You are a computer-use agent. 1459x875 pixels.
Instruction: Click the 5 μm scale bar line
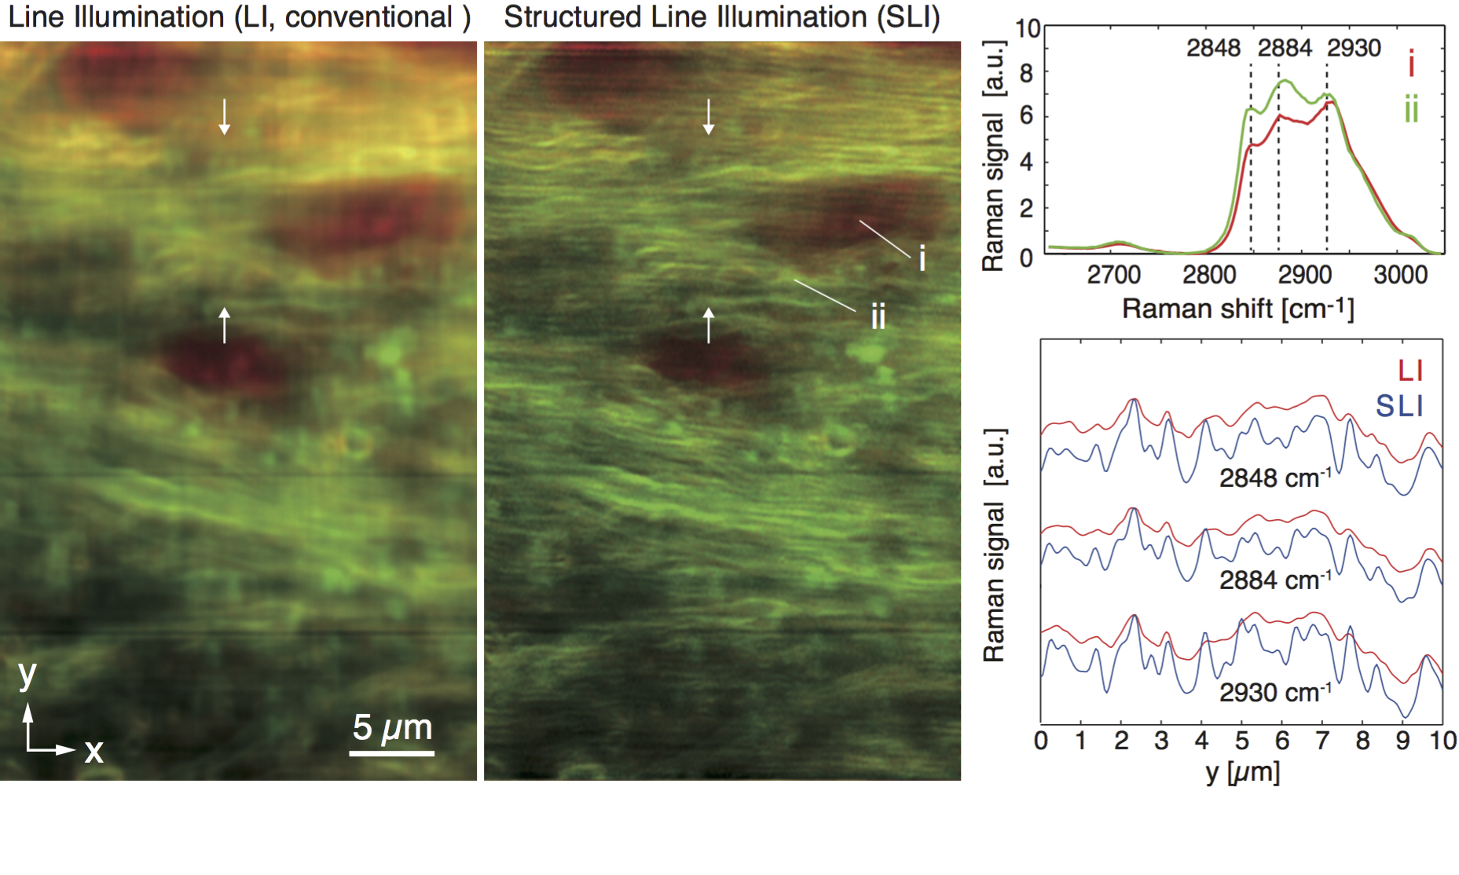tap(391, 753)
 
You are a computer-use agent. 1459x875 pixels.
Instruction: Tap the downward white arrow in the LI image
tap(225, 116)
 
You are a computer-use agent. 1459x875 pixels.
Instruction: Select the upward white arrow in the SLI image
tap(709, 324)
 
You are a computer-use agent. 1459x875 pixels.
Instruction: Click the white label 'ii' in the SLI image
tap(878, 317)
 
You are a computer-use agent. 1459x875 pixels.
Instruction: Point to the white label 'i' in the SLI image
tap(922, 258)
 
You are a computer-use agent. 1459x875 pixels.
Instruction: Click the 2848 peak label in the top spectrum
tap(1213, 49)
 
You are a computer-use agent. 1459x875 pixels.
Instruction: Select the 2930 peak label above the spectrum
tap(1354, 49)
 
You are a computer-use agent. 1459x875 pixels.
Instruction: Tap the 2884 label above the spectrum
tap(1285, 49)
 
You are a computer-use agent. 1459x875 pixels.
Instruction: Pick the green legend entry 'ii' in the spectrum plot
tap(1411, 110)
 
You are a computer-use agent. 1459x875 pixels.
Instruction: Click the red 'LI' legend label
tap(1410, 371)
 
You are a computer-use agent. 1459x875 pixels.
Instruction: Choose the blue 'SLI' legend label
tap(1399, 406)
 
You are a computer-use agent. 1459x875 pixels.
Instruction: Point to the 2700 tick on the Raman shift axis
tap(1113, 275)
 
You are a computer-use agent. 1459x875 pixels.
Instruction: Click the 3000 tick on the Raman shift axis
tap(1400, 275)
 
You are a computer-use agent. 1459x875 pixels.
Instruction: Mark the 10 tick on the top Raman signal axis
tap(1028, 29)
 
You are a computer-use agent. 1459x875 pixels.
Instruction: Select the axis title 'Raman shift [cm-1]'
tap(1237, 309)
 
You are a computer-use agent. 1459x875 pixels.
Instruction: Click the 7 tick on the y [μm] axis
tap(1322, 741)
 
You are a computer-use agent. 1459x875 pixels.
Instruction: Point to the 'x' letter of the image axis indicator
tap(93, 752)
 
